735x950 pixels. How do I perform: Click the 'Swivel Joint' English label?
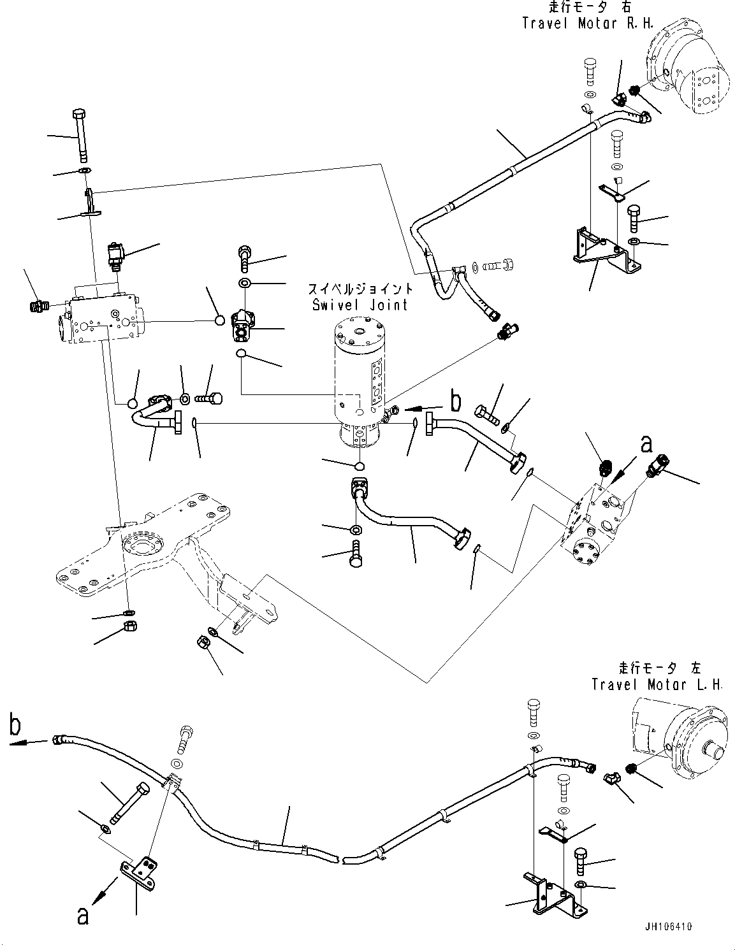pos(360,305)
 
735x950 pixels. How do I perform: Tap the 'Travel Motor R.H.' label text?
pos(578,24)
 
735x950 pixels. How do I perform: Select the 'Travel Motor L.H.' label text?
pos(657,684)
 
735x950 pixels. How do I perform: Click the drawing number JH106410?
pos(667,926)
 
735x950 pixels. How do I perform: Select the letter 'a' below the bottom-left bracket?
pos(82,916)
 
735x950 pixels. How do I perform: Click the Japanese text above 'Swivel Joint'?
pos(361,289)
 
